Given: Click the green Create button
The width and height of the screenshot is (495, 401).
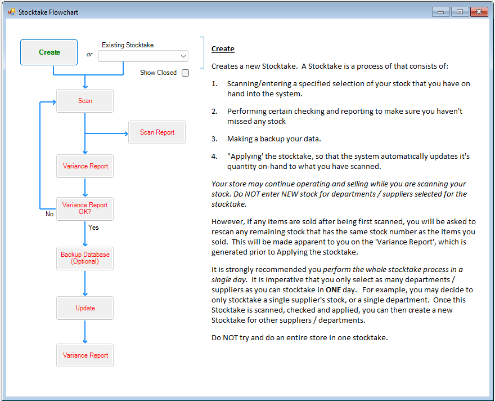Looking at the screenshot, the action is point(49,52).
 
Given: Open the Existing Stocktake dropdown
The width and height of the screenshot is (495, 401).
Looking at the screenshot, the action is point(143,56).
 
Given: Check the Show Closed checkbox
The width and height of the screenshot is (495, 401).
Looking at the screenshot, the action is point(185,73).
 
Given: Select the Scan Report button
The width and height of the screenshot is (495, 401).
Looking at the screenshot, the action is point(157,132).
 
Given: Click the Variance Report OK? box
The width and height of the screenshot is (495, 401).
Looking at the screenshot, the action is point(85,208).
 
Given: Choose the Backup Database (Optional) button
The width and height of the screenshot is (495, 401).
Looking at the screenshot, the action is point(85,258).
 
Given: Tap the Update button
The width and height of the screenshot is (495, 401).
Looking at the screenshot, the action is point(85,308).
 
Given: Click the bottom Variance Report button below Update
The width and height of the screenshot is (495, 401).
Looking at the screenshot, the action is point(85,355).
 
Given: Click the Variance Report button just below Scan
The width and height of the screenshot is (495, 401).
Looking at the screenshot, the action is point(85,166).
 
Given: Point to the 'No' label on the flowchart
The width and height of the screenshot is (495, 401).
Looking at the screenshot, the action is point(49,214).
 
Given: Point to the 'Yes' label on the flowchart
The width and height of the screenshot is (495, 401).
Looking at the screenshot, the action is point(93,228).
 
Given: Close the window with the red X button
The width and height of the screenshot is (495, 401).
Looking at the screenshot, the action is point(479,12).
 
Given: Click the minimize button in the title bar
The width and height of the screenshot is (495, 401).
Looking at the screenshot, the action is point(440,12).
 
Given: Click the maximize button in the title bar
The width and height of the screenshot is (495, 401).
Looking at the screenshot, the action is point(459,12).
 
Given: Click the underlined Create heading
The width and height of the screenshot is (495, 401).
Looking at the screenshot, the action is point(223,49).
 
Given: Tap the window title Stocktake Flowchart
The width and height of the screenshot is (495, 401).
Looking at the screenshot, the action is point(48,12).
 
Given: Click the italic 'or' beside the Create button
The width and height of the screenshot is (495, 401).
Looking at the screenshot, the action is point(89,55).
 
